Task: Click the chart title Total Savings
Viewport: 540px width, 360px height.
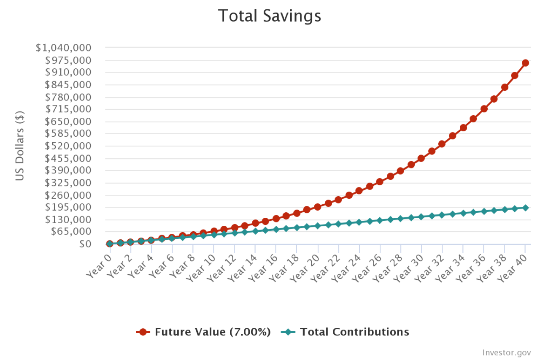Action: (270, 16)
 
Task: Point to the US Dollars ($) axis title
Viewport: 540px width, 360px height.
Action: (20, 146)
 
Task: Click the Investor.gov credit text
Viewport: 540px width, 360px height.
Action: (506, 352)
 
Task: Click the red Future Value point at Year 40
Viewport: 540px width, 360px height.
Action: (525, 63)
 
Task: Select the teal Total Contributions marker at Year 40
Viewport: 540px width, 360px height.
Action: (525, 208)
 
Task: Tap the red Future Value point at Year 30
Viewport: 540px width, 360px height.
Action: (421, 158)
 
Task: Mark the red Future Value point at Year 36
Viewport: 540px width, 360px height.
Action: (484, 109)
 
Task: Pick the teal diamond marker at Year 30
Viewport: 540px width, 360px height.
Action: (421, 217)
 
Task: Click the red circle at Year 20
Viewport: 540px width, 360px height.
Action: (317, 207)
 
